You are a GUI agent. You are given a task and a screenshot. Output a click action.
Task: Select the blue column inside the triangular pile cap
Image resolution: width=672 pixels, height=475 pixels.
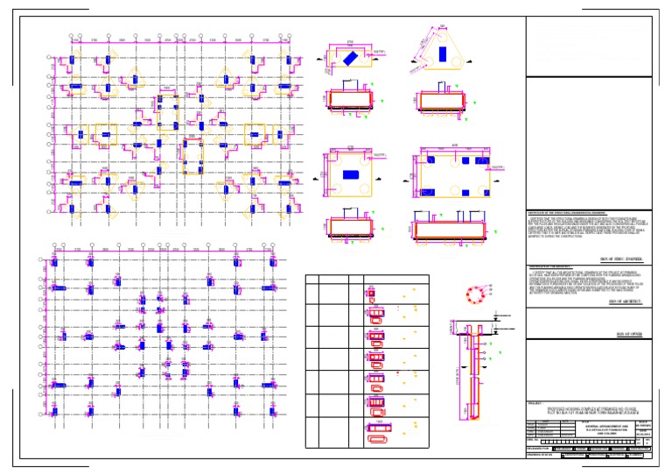[440, 53]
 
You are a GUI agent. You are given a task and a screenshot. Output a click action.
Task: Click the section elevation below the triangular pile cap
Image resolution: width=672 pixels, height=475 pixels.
[441, 101]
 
